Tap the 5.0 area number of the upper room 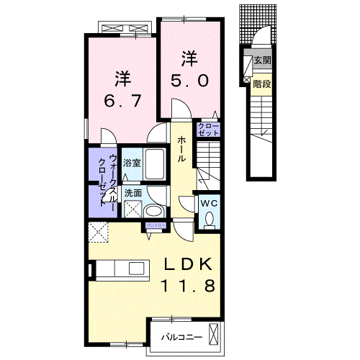pyautogui.click(x=190, y=81)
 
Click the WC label pyautogui.click(x=208, y=204)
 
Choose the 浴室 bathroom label pyautogui.click(x=131, y=163)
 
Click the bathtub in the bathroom pyautogui.click(x=156, y=160)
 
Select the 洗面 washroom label pyautogui.click(x=132, y=193)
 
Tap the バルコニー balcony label pyautogui.click(x=176, y=336)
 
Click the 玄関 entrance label pyautogui.click(x=261, y=61)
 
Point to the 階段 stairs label pyautogui.click(x=261, y=84)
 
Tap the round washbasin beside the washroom pyautogui.click(x=153, y=211)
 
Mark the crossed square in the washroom pyautogui.click(x=132, y=210)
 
